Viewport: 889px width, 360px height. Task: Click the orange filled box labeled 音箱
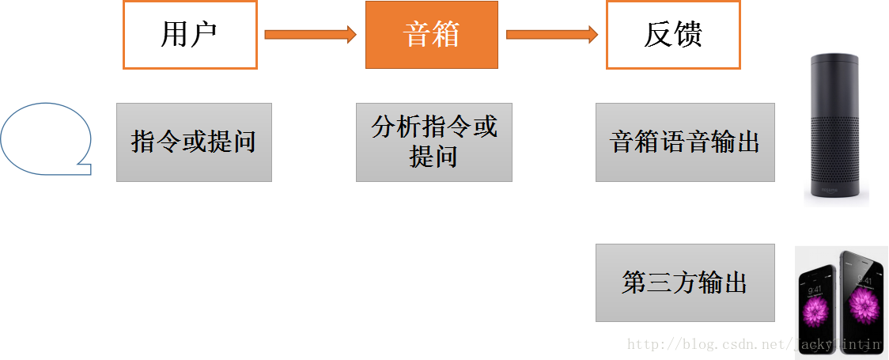click(431, 35)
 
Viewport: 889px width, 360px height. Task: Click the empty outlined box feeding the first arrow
click(190, 35)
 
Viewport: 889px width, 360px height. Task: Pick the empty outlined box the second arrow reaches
click(673, 35)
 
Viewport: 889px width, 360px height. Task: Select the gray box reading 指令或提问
click(194, 142)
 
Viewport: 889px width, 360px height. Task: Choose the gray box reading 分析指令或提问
click(433, 142)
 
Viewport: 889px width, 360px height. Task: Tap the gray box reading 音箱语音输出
click(685, 142)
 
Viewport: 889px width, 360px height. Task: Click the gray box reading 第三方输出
click(685, 283)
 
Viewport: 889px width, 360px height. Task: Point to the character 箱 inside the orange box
click(446, 35)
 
